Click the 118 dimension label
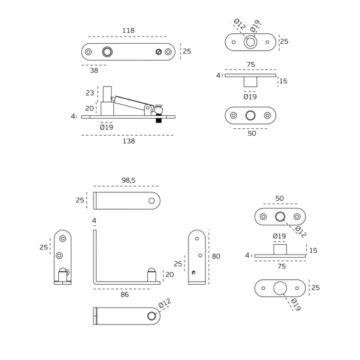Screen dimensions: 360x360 pos(128,30)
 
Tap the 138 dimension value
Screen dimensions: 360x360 pos(129,141)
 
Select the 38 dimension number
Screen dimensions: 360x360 pos(94,70)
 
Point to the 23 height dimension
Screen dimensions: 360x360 pos(90,93)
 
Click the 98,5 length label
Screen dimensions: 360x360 pos(128,180)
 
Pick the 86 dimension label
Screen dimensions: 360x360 pos(124,295)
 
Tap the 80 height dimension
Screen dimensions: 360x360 pos(216,256)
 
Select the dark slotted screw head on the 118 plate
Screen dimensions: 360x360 pos(158,52)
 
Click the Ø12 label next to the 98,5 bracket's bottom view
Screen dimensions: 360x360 pos(164,303)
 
